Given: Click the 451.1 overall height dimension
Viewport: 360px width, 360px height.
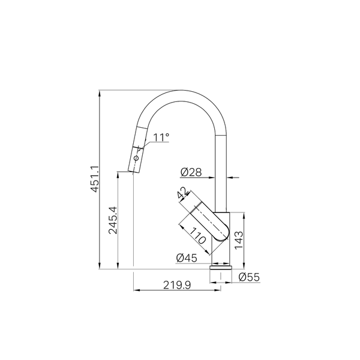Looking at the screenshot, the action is click(x=94, y=179).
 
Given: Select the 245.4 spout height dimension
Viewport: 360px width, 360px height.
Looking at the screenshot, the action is click(x=113, y=220).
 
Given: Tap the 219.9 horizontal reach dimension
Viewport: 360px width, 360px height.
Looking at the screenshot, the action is click(x=177, y=285).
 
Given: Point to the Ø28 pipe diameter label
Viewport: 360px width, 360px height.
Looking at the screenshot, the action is click(x=191, y=172).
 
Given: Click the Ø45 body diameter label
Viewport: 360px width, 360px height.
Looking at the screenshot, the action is click(x=187, y=258).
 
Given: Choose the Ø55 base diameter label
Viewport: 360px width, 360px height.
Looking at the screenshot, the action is click(x=249, y=277).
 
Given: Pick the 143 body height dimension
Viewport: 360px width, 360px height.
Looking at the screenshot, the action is click(x=239, y=240).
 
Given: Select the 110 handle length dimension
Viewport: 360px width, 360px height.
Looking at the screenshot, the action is click(x=197, y=236).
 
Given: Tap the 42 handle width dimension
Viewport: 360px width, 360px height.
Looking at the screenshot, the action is click(x=183, y=193).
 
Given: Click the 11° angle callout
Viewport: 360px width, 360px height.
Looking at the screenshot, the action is click(x=161, y=137).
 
